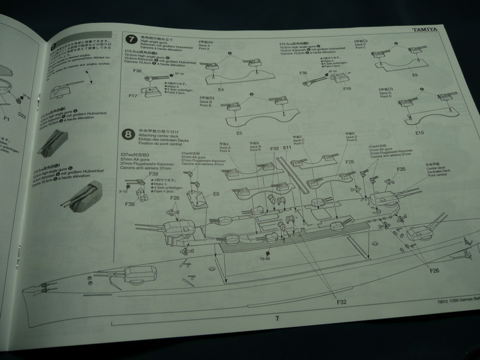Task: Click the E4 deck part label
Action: (x=221, y=89)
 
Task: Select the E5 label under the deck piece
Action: (x=239, y=132)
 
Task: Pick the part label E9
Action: (x=415, y=75)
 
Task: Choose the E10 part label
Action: (x=419, y=132)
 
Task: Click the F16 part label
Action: (x=347, y=89)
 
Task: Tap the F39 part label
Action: (x=154, y=174)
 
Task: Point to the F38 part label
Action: (x=130, y=203)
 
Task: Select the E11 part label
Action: (x=287, y=147)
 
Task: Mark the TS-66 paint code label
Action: (x=265, y=259)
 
